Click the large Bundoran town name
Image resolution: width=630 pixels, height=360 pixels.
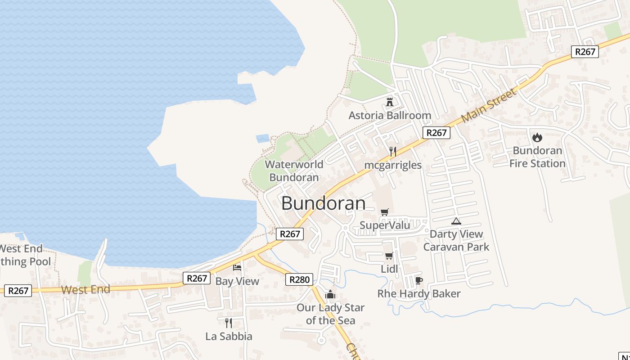(x=323, y=203)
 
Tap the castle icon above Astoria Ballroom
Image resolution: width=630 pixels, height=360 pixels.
(x=390, y=102)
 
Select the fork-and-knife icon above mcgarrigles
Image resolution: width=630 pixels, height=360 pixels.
(x=393, y=151)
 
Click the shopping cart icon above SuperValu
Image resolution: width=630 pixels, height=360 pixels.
(x=384, y=212)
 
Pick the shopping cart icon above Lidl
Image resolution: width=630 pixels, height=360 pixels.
(x=389, y=256)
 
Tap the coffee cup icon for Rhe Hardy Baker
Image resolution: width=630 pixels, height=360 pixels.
(x=418, y=281)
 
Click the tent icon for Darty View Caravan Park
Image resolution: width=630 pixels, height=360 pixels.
(x=456, y=221)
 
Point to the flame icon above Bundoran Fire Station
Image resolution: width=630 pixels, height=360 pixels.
(x=537, y=137)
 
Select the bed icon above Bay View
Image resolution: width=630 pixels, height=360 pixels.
(x=237, y=268)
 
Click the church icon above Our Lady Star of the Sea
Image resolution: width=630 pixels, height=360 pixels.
(x=330, y=295)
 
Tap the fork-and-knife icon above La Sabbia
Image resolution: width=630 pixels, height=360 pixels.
(x=229, y=323)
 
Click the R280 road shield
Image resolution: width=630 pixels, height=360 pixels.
(x=299, y=280)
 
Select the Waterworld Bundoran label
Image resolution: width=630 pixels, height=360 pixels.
(x=294, y=171)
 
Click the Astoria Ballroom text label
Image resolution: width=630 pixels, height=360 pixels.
(x=390, y=116)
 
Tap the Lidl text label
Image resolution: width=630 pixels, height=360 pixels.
(x=389, y=269)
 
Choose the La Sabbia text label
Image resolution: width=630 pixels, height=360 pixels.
(x=229, y=336)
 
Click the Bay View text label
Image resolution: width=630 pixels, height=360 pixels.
(x=237, y=281)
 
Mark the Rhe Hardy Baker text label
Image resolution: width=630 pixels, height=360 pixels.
(x=418, y=294)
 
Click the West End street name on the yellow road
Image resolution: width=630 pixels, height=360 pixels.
(x=85, y=289)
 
